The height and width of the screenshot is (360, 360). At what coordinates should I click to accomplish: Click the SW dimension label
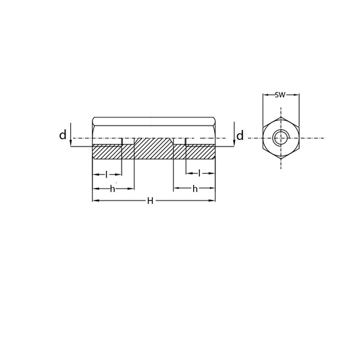280,95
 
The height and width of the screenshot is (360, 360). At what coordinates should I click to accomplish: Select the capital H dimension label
150,201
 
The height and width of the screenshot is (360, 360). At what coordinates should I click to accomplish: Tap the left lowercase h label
113,189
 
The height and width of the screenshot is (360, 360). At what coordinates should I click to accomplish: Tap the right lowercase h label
195,189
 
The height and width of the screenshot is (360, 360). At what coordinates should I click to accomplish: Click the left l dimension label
106,174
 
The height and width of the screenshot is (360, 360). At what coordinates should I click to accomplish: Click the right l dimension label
199,173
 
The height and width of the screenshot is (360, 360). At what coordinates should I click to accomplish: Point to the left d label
63,134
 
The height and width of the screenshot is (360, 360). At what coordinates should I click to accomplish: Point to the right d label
240,136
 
